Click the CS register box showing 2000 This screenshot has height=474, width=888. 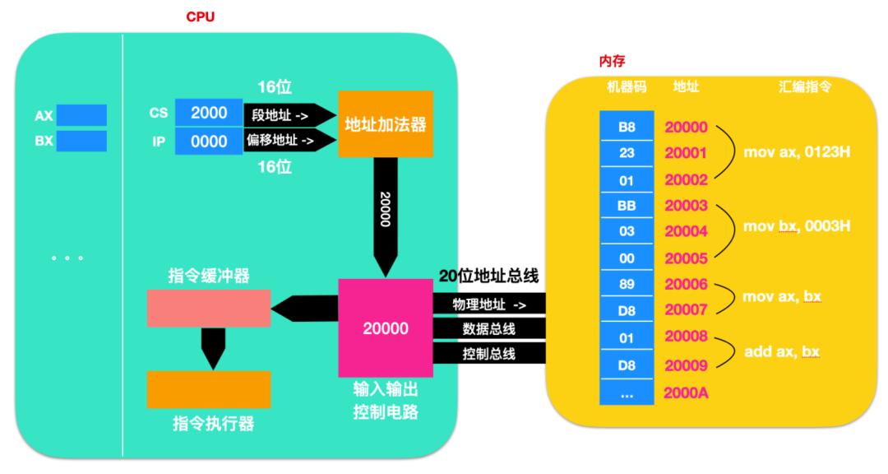209,114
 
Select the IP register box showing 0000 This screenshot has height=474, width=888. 209,142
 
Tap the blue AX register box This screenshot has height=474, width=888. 81,115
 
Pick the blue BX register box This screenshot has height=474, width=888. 81,142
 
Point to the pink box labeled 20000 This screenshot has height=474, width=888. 386,328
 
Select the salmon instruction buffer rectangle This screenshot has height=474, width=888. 208,307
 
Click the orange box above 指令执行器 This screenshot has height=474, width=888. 208,389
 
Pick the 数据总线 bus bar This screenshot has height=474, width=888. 490,329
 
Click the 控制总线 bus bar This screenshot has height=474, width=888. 490,355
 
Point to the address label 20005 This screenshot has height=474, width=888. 686,258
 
